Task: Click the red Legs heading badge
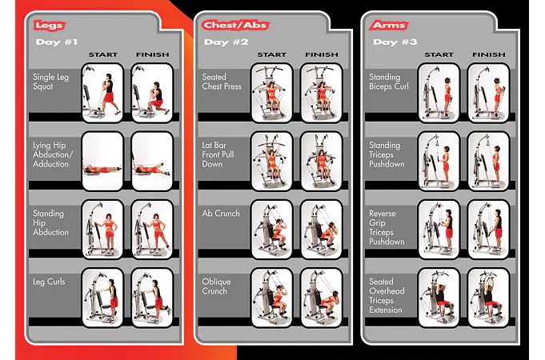[50, 26]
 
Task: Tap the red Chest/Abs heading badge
[235, 26]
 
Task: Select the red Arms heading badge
[389, 26]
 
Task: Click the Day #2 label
[226, 42]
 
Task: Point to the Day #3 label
[395, 42]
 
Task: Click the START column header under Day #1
[103, 55]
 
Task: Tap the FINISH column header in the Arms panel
[489, 55]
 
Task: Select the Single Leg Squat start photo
[102, 93]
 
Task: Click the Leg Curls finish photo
[152, 298]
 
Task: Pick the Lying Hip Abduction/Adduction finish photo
[152, 162]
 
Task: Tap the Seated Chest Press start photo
[271, 93]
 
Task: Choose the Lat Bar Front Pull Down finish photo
[322, 162]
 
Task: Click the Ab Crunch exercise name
[221, 214]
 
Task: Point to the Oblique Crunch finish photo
[322, 298]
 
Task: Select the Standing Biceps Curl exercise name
[389, 82]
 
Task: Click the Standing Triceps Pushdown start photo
[439, 162]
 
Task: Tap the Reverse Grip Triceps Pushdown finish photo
[489, 230]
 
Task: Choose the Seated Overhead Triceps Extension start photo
[439, 298]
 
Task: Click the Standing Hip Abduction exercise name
[50, 222]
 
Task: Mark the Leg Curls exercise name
[49, 282]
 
